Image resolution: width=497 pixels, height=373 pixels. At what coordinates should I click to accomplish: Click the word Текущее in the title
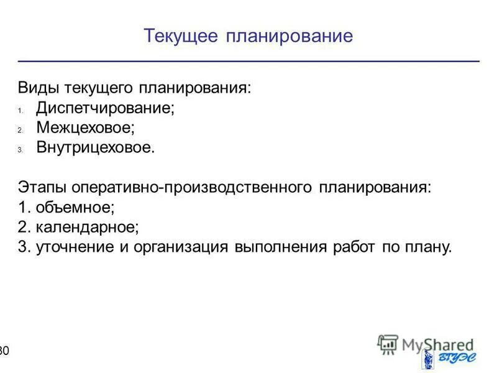pyautogui.click(x=180, y=36)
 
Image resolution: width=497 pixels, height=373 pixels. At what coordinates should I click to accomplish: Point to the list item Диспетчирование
pyautogui.click(x=105, y=108)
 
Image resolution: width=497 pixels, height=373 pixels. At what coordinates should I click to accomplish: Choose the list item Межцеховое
pyautogui.click(x=85, y=128)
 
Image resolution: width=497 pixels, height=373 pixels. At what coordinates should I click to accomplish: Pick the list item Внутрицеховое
pyautogui.click(x=94, y=149)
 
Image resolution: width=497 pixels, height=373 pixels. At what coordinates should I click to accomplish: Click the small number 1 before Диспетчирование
pyautogui.click(x=21, y=110)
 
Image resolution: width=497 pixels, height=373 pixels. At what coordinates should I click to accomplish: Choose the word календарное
pyautogui.click(x=87, y=228)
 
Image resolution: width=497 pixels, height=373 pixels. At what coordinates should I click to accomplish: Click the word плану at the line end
pyautogui.click(x=428, y=247)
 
